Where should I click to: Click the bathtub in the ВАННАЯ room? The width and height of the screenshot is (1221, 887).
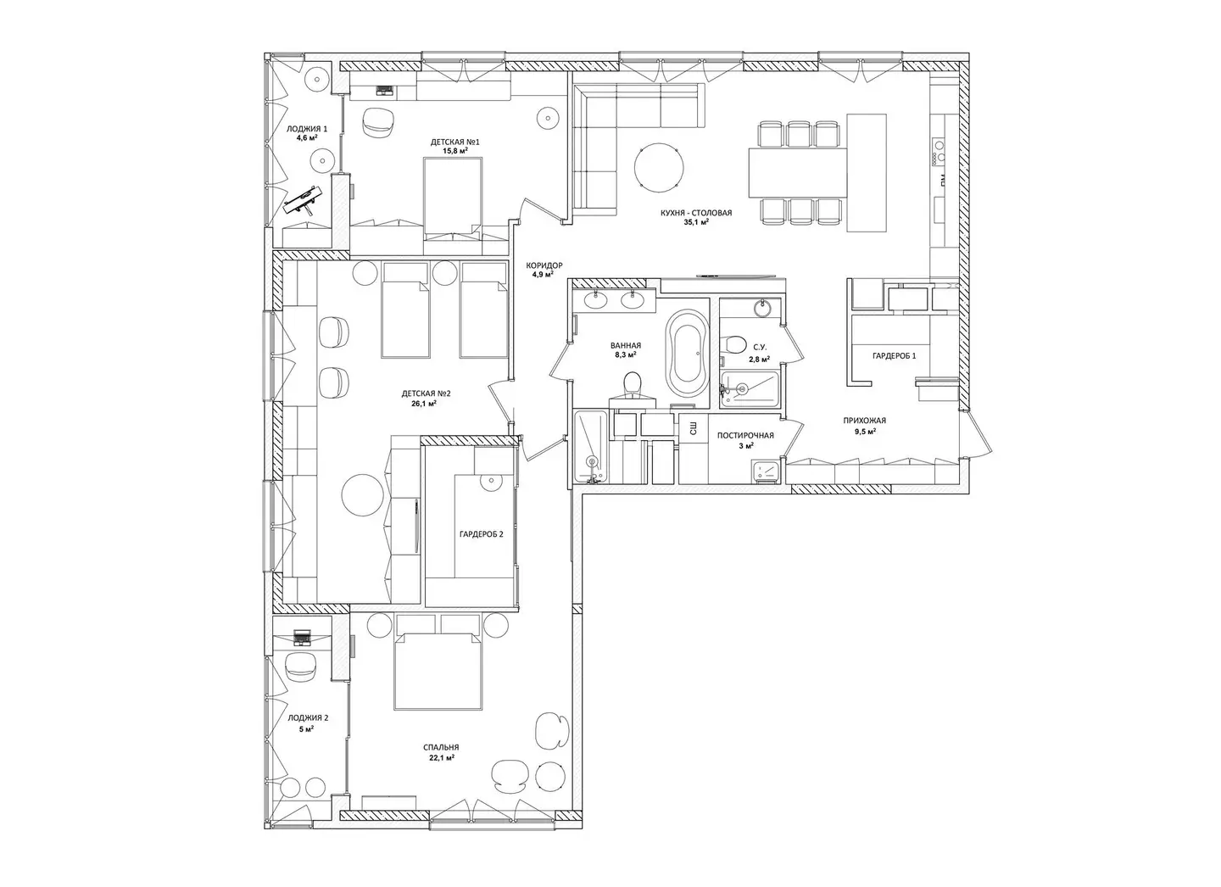pyautogui.click(x=686, y=354)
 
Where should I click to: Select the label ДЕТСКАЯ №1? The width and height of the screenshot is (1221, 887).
pyautogui.click(x=455, y=142)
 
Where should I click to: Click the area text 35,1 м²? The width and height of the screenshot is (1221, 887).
pyautogui.click(x=696, y=222)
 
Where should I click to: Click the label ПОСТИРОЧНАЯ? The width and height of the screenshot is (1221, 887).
pyautogui.click(x=745, y=435)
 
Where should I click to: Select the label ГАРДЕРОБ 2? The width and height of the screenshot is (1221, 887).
pyautogui.click(x=482, y=534)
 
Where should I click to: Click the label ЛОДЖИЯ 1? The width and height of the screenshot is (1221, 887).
pyautogui.click(x=307, y=129)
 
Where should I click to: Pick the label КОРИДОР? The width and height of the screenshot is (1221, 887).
pyautogui.click(x=544, y=265)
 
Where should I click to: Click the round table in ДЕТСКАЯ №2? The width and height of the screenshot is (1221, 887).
pyautogui.click(x=362, y=495)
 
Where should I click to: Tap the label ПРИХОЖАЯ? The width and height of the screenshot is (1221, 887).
pyautogui.click(x=865, y=421)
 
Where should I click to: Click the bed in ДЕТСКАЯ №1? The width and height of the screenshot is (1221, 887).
pyautogui.click(x=453, y=198)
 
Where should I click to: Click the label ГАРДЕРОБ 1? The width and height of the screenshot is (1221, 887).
pyautogui.click(x=895, y=355)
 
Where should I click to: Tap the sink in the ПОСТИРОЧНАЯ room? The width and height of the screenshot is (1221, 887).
pyautogui.click(x=767, y=471)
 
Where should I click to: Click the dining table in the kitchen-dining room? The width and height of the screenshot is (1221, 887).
pyautogui.click(x=798, y=172)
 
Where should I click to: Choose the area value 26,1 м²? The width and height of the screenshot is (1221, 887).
pyautogui.click(x=424, y=404)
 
